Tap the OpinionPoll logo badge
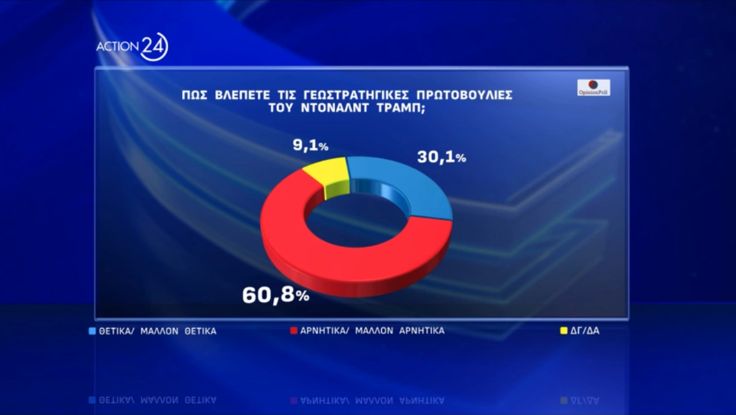coord(593,87)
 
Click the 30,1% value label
coord(441,158)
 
